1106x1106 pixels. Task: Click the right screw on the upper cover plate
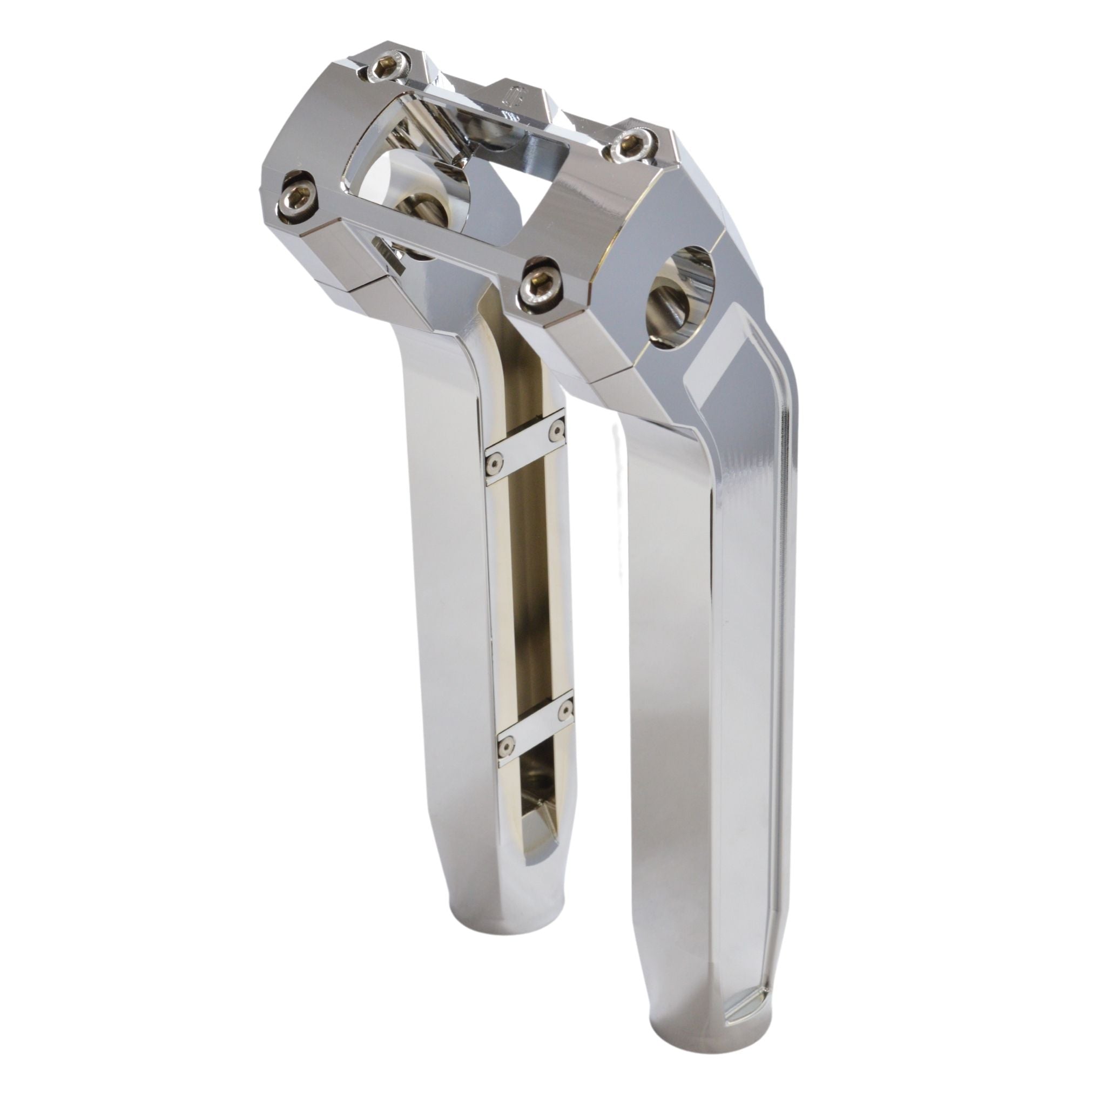(x=555, y=433)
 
